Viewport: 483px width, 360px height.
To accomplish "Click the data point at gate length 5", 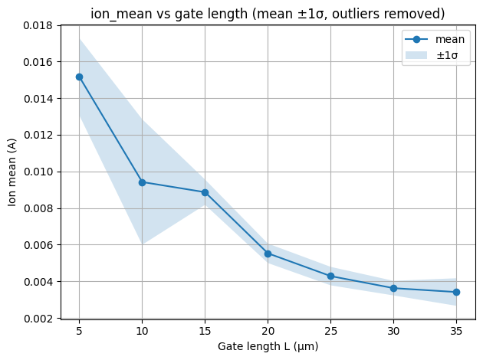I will [x=79, y=77].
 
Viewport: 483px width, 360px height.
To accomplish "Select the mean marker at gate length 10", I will [x=142, y=182].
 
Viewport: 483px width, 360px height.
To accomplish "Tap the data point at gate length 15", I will [x=205, y=192].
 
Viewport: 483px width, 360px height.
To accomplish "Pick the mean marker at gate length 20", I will [x=268, y=254].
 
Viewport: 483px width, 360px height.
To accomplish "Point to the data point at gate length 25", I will [x=330, y=276].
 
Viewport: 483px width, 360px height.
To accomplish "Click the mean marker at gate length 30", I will [x=393, y=288].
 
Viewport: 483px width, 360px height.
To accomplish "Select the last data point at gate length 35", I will [x=456, y=292].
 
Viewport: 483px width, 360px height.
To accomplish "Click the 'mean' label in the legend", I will [x=449, y=40].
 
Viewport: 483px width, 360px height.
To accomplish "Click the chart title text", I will [x=268, y=14].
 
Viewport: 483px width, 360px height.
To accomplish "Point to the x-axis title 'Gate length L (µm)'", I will [x=268, y=346].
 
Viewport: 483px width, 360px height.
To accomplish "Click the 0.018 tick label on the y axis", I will [x=36, y=25].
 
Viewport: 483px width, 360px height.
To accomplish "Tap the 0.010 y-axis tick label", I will [x=36, y=172].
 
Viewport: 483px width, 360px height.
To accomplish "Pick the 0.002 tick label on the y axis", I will [x=36, y=319].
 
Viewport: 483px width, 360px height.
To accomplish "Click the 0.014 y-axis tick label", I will [x=36, y=99].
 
